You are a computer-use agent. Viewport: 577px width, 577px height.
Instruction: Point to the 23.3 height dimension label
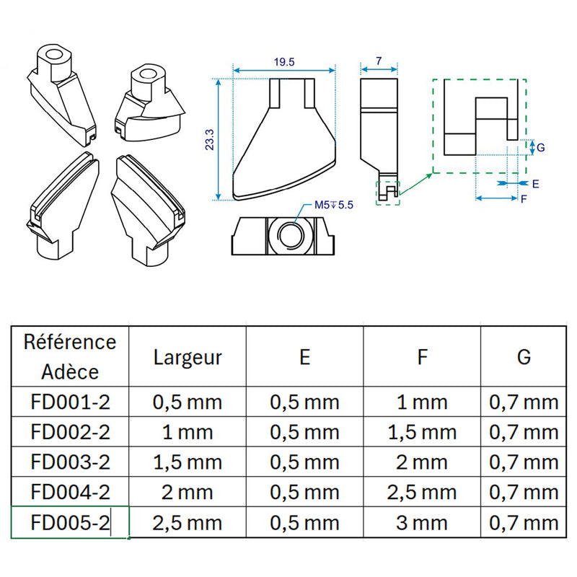(210, 138)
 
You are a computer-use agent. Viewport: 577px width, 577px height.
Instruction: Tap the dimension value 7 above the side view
(379, 62)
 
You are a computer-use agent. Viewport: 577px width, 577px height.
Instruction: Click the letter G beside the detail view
(541, 148)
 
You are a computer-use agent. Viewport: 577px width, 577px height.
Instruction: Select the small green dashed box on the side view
(387, 193)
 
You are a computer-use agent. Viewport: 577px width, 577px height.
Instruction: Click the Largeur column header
(188, 357)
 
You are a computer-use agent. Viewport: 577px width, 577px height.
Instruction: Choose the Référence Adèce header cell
(69, 357)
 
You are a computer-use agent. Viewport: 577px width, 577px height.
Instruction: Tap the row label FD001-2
(70, 402)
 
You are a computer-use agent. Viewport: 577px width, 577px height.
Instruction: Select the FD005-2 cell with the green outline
(70, 523)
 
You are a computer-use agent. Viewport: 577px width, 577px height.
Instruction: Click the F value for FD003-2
(422, 462)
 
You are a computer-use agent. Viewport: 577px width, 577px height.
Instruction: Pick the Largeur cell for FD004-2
(188, 493)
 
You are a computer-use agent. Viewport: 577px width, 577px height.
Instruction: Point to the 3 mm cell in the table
(422, 523)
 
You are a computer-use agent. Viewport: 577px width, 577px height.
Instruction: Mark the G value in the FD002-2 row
(524, 432)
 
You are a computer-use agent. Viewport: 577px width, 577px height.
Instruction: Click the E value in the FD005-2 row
(304, 523)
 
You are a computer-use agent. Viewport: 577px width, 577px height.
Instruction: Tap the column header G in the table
(524, 357)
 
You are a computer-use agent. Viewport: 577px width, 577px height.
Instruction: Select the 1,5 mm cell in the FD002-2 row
(422, 432)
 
